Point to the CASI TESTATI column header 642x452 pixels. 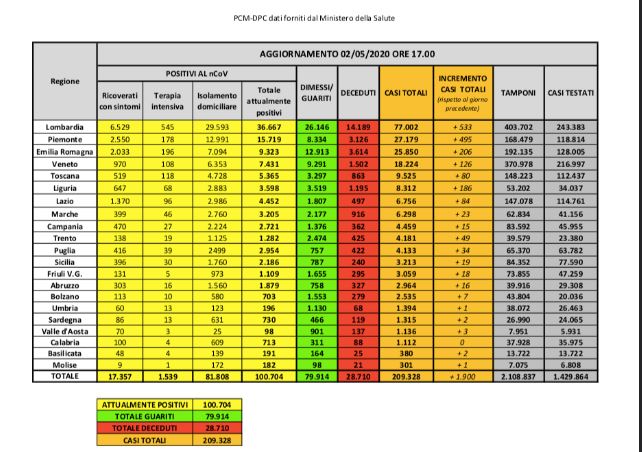click(x=571, y=92)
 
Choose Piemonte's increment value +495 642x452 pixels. click(x=463, y=138)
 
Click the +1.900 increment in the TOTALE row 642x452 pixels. click(x=463, y=376)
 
